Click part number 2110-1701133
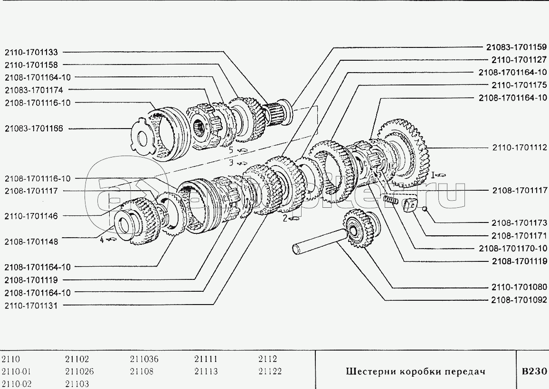click(x=31, y=52)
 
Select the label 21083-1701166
click(x=34, y=129)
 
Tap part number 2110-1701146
click(x=31, y=216)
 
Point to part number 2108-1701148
click(x=31, y=242)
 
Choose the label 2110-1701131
click(x=31, y=306)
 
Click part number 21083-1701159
click(x=516, y=47)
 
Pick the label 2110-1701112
click(x=520, y=148)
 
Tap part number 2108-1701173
click(x=519, y=223)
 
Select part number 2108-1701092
click(x=519, y=300)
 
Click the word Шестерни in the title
click(x=371, y=371)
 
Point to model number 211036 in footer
click(x=144, y=359)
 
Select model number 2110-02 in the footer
click(x=17, y=384)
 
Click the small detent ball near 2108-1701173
click(x=425, y=209)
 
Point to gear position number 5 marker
click(x=231, y=150)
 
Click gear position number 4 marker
click(x=102, y=240)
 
